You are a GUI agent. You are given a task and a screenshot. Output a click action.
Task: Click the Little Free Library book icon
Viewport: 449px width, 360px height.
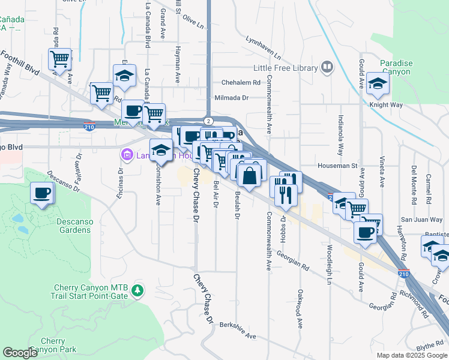[x=327, y=68]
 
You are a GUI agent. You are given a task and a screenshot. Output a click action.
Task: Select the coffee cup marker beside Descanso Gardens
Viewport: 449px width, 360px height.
[x=41, y=194]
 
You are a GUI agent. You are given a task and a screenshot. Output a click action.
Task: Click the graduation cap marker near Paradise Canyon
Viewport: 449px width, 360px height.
[x=378, y=83]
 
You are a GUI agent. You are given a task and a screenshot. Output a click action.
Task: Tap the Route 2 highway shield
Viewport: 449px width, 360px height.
[x=206, y=121]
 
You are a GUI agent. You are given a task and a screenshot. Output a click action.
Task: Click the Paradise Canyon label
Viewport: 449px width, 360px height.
[x=395, y=68]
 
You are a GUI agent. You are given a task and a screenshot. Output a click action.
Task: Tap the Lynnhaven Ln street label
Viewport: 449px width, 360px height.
[x=264, y=47]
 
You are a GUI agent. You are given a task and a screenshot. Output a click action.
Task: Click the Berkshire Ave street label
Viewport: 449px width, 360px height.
[x=238, y=336]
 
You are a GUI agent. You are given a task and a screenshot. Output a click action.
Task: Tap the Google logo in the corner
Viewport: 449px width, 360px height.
[x=20, y=353]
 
